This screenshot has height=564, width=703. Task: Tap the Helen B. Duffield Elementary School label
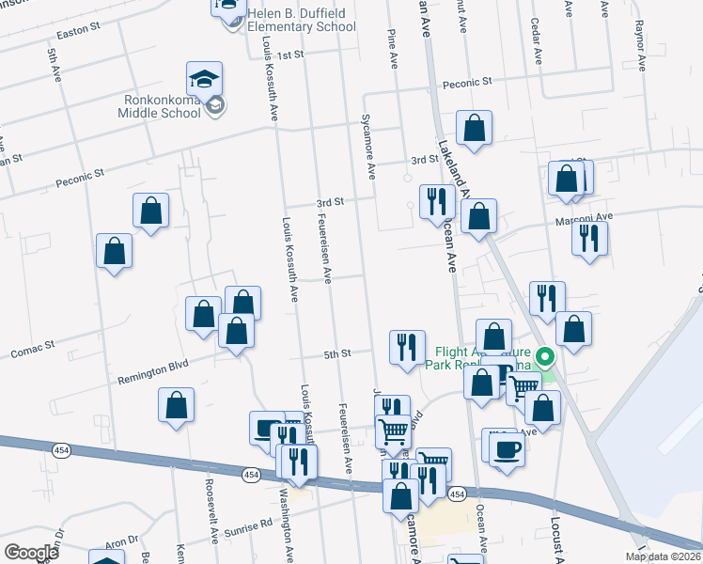[301, 20]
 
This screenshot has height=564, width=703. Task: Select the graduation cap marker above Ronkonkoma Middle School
[204, 78]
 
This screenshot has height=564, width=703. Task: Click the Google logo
[31, 553]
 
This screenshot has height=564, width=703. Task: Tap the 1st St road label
[291, 55]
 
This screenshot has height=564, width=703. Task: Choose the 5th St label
[336, 353]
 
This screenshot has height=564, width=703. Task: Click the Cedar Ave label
[536, 39]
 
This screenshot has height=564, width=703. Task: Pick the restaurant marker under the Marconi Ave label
[589, 238]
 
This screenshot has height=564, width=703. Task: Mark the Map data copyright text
[664, 556]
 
